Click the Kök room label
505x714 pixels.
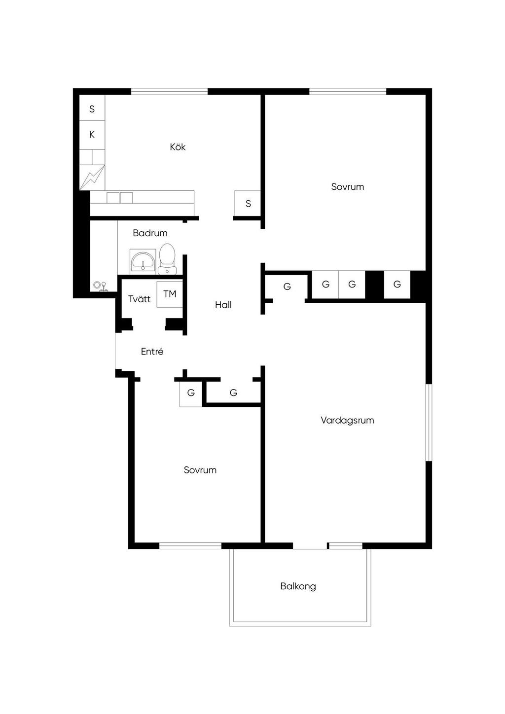(x=178, y=147)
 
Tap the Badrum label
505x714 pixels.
(x=150, y=233)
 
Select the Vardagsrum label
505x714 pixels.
(x=347, y=420)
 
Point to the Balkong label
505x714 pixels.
(x=298, y=586)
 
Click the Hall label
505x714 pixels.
(x=223, y=305)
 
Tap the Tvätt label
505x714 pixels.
(x=140, y=299)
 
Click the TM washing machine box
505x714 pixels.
(x=170, y=294)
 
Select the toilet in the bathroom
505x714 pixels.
(x=167, y=259)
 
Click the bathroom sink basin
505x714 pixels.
(x=143, y=262)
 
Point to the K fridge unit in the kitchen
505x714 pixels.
(x=92, y=135)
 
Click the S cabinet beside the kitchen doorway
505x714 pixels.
(x=248, y=203)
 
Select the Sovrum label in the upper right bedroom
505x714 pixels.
(x=348, y=186)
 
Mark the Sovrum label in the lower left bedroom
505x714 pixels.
(x=200, y=470)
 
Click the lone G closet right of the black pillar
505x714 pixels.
(x=397, y=285)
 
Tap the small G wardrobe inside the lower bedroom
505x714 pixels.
(x=191, y=393)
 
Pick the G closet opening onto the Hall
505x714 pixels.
(x=287, y=286)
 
